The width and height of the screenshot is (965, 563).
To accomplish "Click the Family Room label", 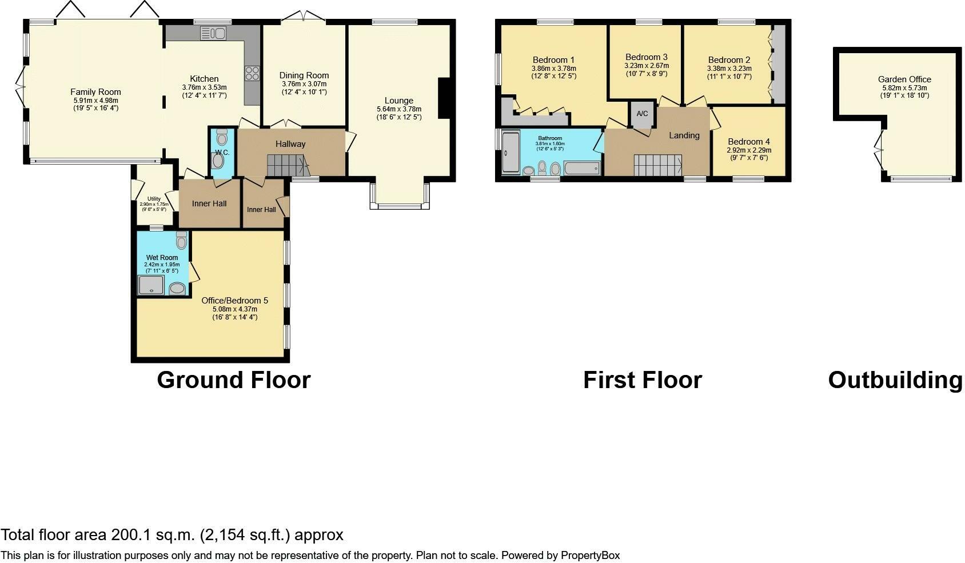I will tap(95, 92).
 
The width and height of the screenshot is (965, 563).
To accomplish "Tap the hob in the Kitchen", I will tap(252, 73).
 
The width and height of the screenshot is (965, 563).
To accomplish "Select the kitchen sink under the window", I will tap(213, 34).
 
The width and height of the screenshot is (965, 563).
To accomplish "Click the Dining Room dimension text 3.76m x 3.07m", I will tap(304, 84).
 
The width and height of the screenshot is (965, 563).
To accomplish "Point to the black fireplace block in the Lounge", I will tap(444, 98).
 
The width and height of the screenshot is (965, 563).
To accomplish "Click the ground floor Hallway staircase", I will tap(288, 166).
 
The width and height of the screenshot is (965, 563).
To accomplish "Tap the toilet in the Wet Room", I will tap(181, 241).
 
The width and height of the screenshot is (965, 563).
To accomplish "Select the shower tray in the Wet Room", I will tap(151, 285).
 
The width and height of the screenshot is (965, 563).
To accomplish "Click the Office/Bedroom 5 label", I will tap(234, 301).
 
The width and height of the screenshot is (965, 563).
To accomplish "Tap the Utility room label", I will tap(154, 199).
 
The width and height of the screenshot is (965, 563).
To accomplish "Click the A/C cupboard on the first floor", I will tap(642, 114).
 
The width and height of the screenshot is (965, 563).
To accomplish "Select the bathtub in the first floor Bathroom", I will tap(582, 167).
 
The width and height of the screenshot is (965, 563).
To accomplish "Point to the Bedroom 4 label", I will tap(748, 142).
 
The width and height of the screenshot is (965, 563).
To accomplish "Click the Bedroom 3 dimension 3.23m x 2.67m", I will tap(646, 66).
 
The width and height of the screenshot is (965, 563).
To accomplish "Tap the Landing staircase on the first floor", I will tap(657, 165).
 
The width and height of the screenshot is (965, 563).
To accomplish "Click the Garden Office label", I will tap(904, 79).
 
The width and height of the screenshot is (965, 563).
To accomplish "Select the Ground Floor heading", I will tap(233, 380).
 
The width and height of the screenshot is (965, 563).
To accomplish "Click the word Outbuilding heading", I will tap(895, 380).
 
